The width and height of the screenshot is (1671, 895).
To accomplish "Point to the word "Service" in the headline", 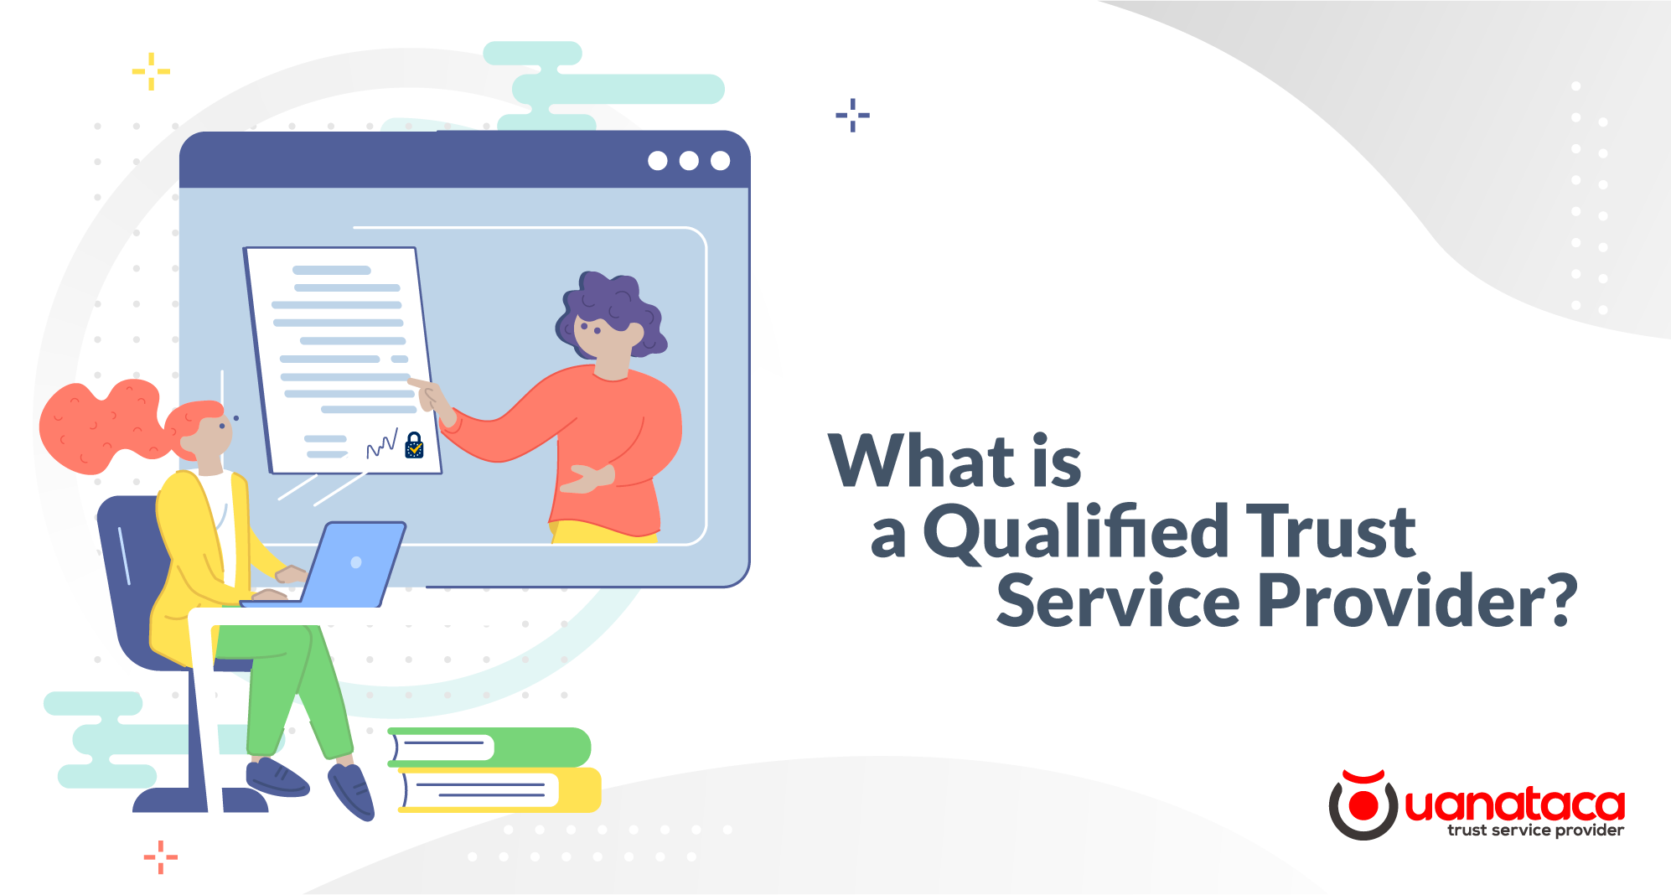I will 1117,601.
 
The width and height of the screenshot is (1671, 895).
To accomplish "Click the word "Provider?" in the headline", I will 1416,601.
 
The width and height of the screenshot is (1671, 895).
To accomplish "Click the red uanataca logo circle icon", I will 1363,805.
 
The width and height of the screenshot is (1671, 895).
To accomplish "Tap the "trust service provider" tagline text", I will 1535,830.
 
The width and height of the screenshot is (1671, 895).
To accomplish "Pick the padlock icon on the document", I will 414,445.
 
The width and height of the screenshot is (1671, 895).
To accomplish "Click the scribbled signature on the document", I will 382,444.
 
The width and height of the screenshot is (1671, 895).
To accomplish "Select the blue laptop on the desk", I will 352,563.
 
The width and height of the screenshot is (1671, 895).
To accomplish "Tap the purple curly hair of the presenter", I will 612,303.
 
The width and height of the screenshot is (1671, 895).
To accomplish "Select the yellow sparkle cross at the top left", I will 151,71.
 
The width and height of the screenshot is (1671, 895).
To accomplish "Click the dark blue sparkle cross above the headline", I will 852,115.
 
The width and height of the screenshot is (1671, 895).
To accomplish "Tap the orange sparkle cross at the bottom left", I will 160,856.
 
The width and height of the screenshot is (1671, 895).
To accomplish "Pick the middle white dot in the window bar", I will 689,161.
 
